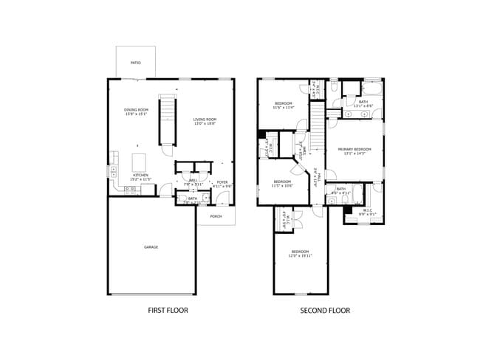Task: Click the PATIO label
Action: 136,63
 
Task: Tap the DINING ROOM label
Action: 136,110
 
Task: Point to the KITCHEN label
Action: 140,175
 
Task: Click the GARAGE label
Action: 151,247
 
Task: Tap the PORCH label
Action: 216,216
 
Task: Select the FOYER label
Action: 222,181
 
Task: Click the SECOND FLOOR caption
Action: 325,311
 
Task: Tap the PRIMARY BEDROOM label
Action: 356,149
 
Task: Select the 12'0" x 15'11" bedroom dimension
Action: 301,256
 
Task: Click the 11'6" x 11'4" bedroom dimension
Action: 284,108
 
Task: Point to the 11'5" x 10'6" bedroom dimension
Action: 283,186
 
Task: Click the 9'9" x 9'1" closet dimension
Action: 367,215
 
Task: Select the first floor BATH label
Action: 192,198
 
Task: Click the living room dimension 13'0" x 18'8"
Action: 205,124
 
